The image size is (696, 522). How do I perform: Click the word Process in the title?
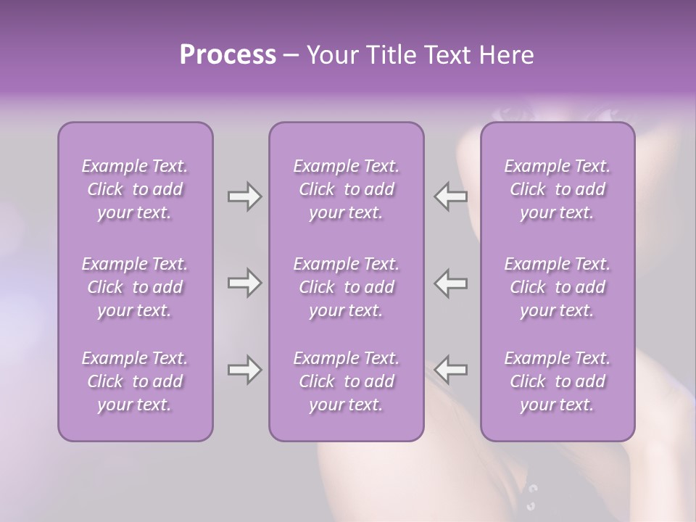(228, 55)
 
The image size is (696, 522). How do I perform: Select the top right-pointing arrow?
(244, 196)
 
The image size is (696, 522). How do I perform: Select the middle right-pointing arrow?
(244, 283)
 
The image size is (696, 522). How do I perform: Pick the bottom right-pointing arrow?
(244, 370)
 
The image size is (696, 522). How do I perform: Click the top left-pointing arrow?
(451, 196)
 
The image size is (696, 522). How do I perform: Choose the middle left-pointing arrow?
(451, 283)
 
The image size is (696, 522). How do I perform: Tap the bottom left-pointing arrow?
(451, 370)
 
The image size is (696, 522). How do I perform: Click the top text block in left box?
(135, 189)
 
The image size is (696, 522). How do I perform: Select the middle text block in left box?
(135, 287)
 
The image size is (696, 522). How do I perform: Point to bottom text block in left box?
(135, 381)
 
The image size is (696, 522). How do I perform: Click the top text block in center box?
(347, 189)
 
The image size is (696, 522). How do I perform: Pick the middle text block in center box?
(347, 287)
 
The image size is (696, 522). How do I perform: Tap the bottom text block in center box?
(347, 381)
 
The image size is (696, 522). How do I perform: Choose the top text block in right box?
(558, 189)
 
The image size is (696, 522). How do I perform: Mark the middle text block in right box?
(558, 287)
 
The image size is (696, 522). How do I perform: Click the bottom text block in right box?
(558, 381)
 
